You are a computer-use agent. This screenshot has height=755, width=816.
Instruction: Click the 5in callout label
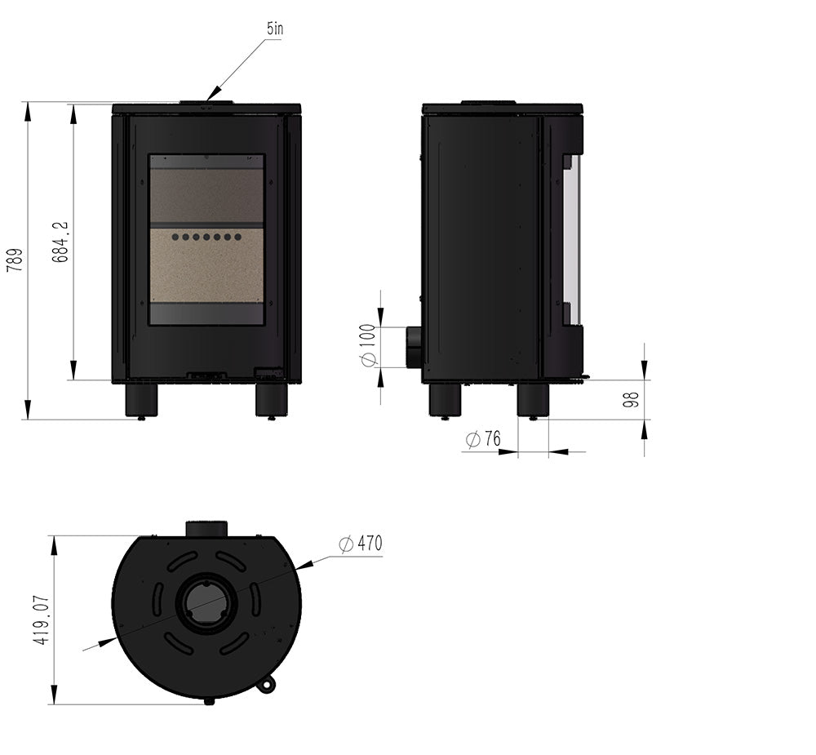click(275, 29)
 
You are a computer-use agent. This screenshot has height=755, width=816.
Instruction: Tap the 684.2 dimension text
click(60, 242)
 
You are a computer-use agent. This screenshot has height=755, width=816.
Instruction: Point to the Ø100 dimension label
click(367, 345)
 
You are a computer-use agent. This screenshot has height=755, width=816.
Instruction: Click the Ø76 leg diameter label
click(483, 439)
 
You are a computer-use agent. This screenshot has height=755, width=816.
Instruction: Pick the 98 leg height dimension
click(631, 400)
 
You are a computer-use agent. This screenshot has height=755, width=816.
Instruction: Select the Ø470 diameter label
click(360, 544)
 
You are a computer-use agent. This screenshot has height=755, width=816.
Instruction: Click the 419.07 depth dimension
click(42, 620)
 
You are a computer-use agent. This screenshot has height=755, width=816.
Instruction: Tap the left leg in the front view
click(141, 400)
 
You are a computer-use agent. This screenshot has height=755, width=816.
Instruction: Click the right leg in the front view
click(272, 400)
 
